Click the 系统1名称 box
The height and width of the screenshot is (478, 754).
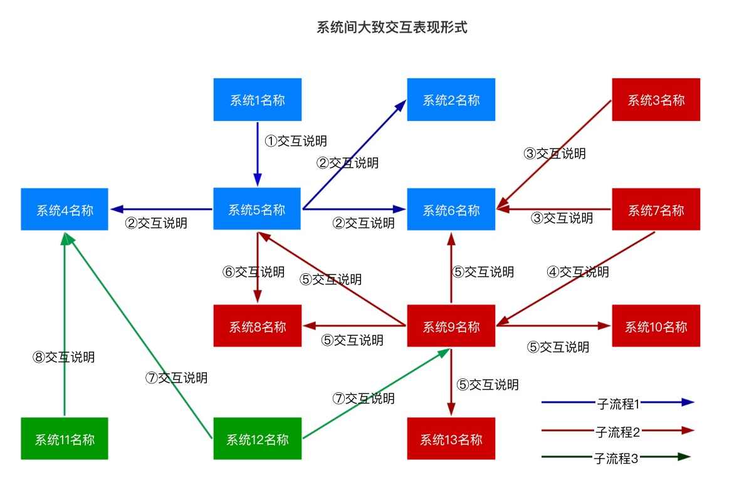click(x=257, y=100)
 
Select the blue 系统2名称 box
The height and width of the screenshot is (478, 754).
click(x=451, y=100)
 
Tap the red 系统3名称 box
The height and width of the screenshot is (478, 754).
click(x=656, y=100)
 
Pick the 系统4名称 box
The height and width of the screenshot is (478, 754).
click(x=65, y=209)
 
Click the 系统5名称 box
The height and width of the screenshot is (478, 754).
click(x=257, y=209)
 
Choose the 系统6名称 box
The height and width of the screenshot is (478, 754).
click(x=451, y=209)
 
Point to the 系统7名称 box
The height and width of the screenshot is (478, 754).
click(x=656, y=209)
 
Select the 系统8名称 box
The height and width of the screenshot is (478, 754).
click(x=257, y=326)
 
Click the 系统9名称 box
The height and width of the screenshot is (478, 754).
click(x=451, y=326)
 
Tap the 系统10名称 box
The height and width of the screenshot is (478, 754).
click(x=656, y=326)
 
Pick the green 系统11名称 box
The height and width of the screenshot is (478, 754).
click(x=65, y=439)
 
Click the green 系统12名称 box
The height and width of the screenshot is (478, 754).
click(x=257, y=439)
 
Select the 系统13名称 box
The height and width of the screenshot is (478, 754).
click(x=451, y=439)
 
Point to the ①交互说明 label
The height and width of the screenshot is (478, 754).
click(x=296, y=141)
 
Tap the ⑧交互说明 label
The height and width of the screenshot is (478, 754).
click(x=64, y=357)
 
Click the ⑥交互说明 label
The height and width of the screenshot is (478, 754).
click(x=254, y=272)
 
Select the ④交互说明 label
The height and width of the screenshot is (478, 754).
click(x=578, y=272)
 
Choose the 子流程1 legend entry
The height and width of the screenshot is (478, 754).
click(x=618, y=403)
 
